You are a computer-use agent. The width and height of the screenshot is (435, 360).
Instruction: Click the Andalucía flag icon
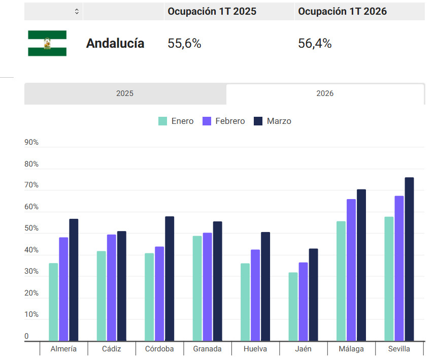tap(47, 43)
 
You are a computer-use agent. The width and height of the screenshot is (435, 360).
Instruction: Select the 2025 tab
tap(125, 94)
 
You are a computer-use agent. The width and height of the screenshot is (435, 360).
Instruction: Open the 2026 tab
tap(325, 94)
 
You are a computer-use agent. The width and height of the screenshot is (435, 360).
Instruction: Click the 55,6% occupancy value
tap(184, 44)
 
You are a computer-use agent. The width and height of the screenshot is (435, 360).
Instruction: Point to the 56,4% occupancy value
tap(315, 44)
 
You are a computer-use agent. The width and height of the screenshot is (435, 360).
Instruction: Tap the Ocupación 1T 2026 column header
tap(342, 11)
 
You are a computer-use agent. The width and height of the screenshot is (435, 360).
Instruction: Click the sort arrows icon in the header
tap(77, 11)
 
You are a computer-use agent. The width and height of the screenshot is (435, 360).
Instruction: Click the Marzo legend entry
tap(273, 121)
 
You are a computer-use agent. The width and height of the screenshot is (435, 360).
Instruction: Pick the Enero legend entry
tap(176, 121)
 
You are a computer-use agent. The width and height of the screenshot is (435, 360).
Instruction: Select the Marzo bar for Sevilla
tap(409, 259)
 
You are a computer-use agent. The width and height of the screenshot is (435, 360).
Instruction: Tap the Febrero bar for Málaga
tap(351, 270)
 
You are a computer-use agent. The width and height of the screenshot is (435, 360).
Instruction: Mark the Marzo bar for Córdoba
tap(170, 279)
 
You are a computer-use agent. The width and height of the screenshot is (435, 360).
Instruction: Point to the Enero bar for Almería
tap(53, 302)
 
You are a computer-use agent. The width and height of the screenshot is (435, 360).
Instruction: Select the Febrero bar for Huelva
tap(255, 295)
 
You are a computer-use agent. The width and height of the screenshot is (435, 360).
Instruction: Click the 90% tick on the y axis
tap(31, 143)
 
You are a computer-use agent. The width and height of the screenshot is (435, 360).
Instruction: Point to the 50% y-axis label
tap(31, 229)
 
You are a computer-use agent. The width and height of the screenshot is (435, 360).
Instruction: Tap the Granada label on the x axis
tap(207, 349)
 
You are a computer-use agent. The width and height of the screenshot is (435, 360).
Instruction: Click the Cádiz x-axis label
tap(111, 349)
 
